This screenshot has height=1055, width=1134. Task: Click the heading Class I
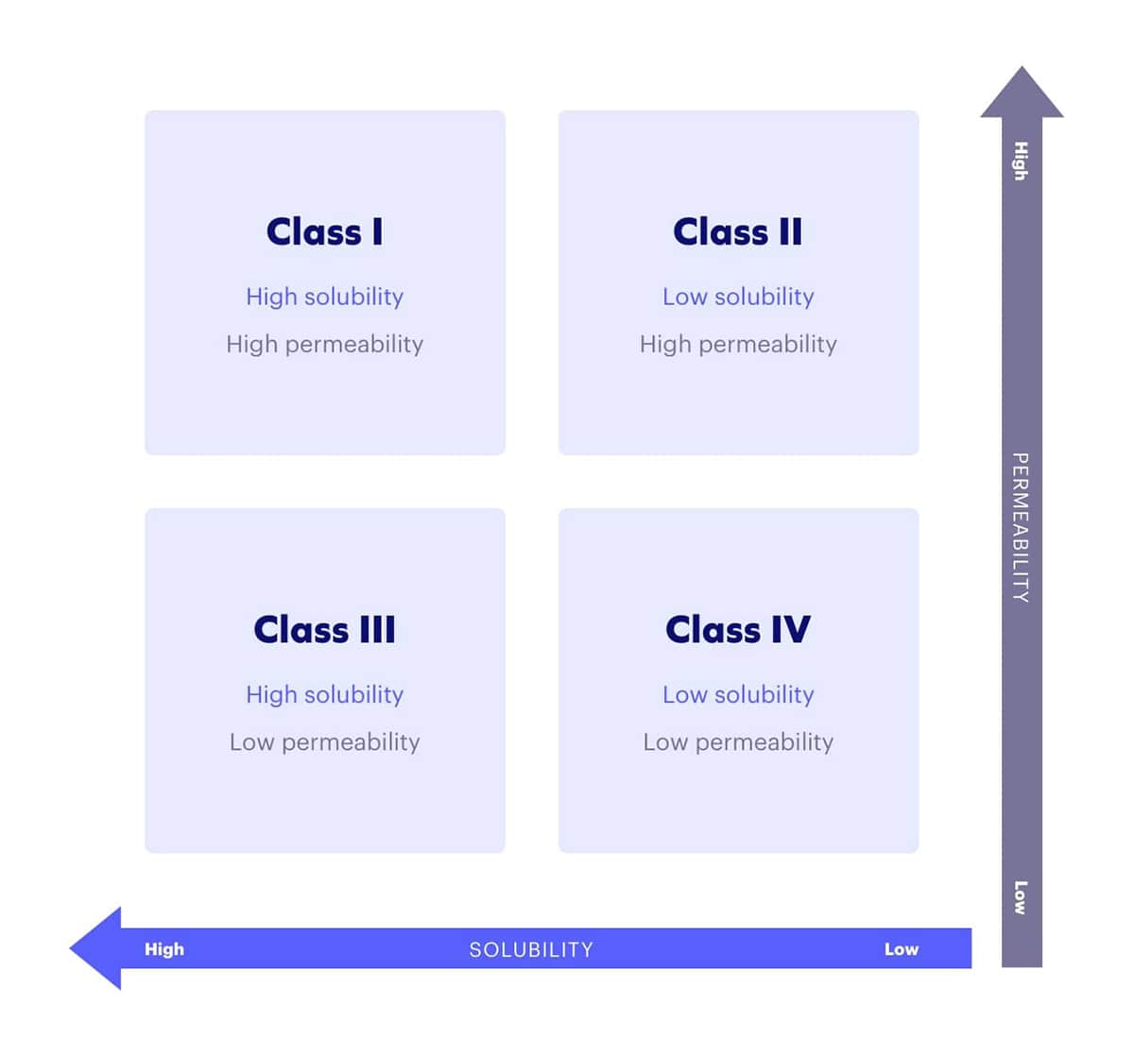coord(324,231)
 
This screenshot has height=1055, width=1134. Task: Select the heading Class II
coord(737,231)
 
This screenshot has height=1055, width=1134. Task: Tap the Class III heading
coord(324,629)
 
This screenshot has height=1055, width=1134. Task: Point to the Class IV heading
coord(737,629)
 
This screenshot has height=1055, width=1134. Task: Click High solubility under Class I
coord(324,297)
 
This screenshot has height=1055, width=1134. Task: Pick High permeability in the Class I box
coord(324,344)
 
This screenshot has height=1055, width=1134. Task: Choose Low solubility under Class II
coord(737,297)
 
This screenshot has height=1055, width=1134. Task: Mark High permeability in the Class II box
coord(737,344)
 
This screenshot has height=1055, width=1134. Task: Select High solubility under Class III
coord(324,694)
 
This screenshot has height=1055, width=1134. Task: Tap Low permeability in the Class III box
coord(324,741)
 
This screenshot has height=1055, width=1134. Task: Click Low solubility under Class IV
coord(737,694)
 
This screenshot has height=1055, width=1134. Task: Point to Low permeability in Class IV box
coord(737,741)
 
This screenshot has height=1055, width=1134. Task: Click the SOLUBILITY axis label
coord(531,949)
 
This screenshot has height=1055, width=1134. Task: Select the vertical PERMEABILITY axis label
coord(1021,527)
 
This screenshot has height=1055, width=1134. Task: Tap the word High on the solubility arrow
coord(164,949)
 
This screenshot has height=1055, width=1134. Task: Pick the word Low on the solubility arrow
coord(901,949)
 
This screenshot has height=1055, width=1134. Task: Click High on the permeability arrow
coord(1021,161)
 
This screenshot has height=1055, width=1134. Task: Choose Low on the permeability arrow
coord(1021,896)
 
